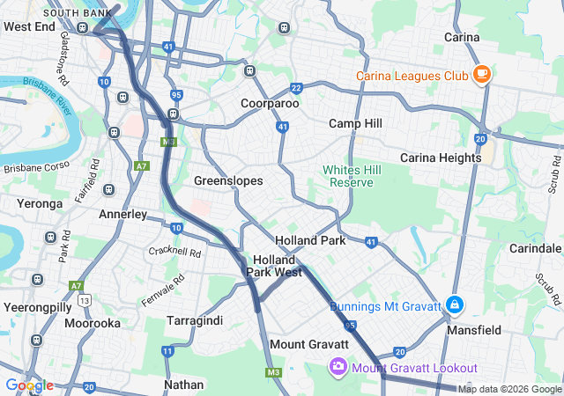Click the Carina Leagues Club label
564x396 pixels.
(412, 76)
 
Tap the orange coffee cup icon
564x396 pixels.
(481, 75)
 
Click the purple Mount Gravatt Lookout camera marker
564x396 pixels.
(338, 367)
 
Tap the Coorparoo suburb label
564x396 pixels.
(270, 103)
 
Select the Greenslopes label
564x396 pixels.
(229, 180)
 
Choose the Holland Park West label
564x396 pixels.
(274, 266)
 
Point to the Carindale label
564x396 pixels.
(536, 248)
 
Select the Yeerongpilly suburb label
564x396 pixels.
(39, 307)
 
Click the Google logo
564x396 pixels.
(29, 385)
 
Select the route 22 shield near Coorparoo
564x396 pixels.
(297, 87)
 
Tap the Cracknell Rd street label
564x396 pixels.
(175, 251)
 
